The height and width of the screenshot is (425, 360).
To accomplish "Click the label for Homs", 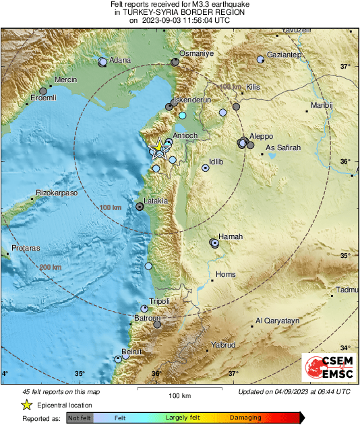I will pyautogui.click(x=224, y=274).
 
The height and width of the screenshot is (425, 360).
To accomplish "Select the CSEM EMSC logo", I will pyautogui.click(x=325, y=368).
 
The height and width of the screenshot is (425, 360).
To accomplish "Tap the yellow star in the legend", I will pyautogui.click(x=26, y=405).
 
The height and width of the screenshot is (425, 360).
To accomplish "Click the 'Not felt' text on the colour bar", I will pyautogui.click(x=80, y=418).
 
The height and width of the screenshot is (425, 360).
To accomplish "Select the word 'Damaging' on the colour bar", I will pyautogui.click(x=245, y=418).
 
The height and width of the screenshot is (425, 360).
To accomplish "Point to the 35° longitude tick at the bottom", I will pyautogui.click(x=80, y=374).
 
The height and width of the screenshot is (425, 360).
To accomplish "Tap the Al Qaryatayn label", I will pyautogui.click(x=278, y=321).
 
